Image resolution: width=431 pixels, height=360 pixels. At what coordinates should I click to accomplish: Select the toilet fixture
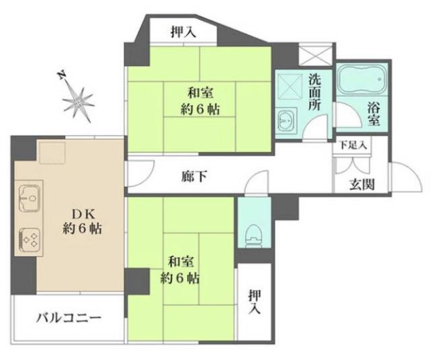click(254, 231)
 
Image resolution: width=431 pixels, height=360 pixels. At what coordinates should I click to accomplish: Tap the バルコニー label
click(69, 317)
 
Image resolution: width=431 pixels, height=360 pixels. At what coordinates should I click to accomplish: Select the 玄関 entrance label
click(362, 186)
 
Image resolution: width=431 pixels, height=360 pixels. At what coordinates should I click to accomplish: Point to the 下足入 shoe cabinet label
click(352, 145)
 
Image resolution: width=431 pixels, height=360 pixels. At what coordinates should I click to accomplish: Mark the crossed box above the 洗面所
click(314, 54)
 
